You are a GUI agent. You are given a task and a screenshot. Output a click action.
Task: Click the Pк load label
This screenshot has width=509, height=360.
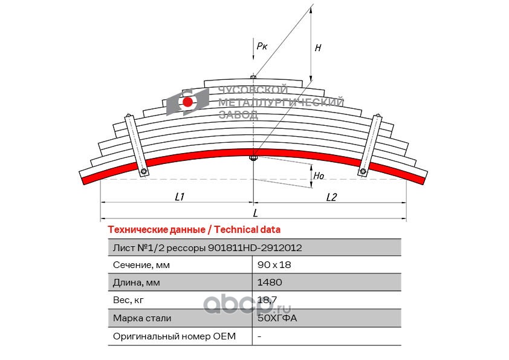point(262,46)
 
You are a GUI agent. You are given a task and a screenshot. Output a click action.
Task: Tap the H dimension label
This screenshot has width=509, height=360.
point(318,48)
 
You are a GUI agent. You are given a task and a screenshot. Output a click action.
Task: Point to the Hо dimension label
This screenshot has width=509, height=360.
point(319,176)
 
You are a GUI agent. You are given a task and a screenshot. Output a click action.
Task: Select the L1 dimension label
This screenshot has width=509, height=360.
point(180,197)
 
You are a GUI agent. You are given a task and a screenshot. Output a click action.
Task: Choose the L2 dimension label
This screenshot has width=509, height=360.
point(331,197)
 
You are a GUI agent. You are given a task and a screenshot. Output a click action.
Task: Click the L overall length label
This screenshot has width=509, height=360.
point(255,213)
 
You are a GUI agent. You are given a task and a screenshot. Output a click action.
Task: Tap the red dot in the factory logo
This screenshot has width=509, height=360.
point(187,102)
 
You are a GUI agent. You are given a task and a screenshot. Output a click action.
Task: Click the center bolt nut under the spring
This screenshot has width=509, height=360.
point(253,159)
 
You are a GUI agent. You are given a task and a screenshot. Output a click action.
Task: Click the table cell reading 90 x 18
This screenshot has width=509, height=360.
point(274,265)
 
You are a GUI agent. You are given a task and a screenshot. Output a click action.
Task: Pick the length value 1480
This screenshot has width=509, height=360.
point(270,283)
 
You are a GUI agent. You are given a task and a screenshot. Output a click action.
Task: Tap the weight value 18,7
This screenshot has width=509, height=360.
point(267,299)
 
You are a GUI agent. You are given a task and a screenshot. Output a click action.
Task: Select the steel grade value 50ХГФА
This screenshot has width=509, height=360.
point(277,318)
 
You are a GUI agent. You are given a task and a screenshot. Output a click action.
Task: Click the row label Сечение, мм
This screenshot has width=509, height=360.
point(141,265)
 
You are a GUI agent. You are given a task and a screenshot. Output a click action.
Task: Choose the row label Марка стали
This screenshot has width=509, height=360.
point(142,318)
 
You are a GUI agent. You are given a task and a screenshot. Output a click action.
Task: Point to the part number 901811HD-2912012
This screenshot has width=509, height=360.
point(255,248)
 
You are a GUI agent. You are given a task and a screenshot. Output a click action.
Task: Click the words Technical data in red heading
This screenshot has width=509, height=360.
point(247,230)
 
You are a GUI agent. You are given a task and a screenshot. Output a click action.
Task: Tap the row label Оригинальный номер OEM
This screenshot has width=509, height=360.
point(174,336)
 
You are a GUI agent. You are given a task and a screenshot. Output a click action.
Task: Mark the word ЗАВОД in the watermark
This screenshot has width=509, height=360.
point(239,115)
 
